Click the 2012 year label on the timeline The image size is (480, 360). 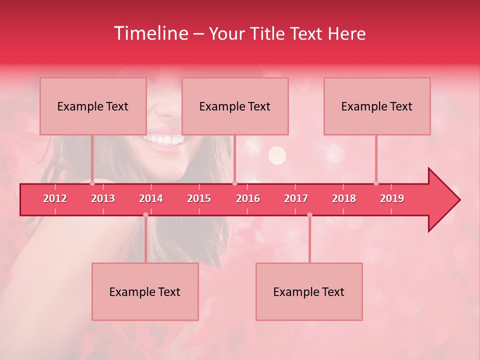55,198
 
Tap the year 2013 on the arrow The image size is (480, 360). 103,198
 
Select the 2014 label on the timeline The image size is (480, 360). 151,198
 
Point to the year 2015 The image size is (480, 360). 199,198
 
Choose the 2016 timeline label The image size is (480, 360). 248,198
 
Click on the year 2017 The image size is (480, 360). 296,198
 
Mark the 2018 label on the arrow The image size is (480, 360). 344,198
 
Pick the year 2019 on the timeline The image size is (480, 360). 392,198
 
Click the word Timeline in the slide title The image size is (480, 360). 150,33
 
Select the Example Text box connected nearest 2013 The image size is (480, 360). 93,106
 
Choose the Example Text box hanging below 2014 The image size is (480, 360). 145,291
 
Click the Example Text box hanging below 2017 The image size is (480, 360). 309,291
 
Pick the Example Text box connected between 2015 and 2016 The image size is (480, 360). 235,106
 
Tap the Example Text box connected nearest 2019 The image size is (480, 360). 377,106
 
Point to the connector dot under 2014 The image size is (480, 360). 145,214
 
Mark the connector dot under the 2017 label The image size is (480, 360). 309,214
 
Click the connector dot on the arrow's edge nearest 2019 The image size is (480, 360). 376,183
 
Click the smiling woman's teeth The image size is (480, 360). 163,138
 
